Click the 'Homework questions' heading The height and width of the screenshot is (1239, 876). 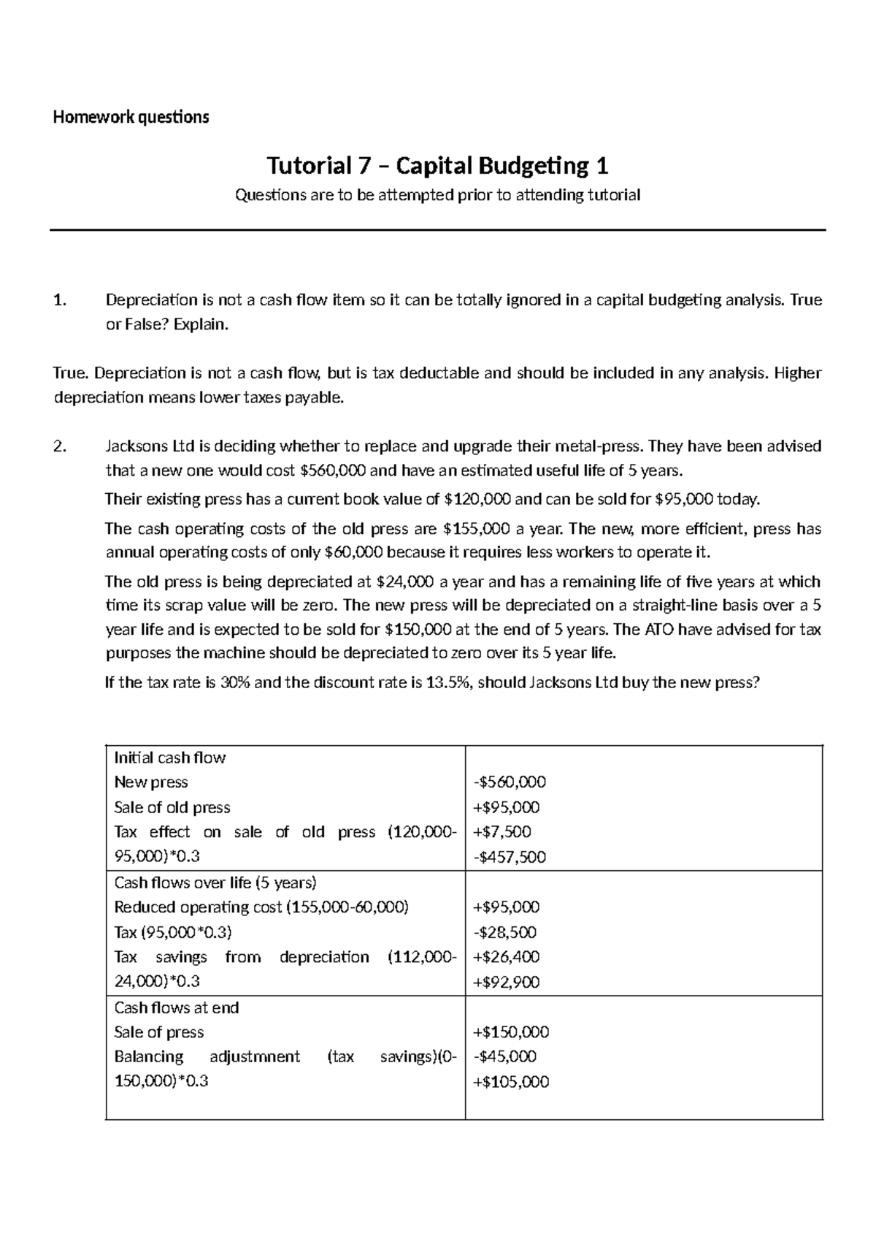[x=131, y=117]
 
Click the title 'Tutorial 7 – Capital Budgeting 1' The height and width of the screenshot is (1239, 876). [x=438, y=167]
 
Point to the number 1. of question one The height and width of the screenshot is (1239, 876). [x=60, y=300]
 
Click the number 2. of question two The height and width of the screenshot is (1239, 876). [x=60, y=446]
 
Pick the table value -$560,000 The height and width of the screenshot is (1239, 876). [x=509, y=782]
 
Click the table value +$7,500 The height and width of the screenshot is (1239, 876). [x=502, y=831]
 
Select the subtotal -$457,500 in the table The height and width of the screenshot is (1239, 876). [x=509, y=857]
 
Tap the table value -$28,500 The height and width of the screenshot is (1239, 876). [x=504, y=932]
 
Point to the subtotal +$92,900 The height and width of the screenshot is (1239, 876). [x=506, y=983]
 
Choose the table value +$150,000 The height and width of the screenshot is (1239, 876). [x=510, y=1032]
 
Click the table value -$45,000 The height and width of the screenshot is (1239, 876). [x=504, y=1056]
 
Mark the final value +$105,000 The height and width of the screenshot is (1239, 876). [x=510, y=1082]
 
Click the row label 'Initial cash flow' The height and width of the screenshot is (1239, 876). [x=169, y=758]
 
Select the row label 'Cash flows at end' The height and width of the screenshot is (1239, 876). [x=176, y=1007]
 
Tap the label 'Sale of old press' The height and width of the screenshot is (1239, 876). [x=172, y=807]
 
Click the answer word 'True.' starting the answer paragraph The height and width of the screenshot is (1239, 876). [x=71, y=373]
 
